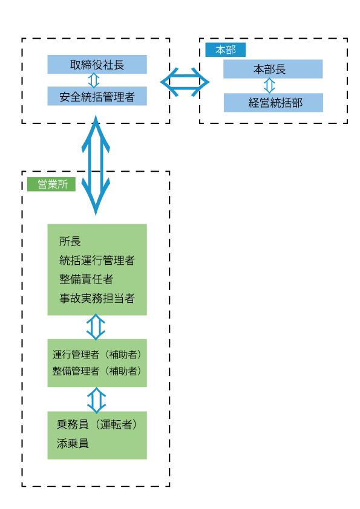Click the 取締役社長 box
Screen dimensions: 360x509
(97, 64)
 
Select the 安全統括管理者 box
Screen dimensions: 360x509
(97, 96)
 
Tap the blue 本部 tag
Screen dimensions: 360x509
(226, 50)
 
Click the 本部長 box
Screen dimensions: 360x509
(273, 69)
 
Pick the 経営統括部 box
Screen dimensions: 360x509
(273, 103)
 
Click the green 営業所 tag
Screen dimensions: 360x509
(51, 184)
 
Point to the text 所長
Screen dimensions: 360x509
(70, 241)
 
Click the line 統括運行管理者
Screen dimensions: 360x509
(97, 261)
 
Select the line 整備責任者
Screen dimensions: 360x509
(86, 279)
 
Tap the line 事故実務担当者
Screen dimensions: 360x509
(97, 298)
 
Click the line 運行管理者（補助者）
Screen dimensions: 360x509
(97, 354)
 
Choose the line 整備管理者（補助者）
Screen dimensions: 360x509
(97, 371)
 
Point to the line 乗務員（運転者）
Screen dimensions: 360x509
(97, 424)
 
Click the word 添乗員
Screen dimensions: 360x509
(73, 443)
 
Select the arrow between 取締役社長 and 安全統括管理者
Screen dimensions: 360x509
(94, 80)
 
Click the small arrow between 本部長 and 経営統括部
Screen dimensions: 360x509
(269, 86)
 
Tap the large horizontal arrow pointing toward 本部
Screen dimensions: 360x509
(185, 82)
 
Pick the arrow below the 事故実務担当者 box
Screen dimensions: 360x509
(96, 327)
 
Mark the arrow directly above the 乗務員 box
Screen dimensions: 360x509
(96, 400)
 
